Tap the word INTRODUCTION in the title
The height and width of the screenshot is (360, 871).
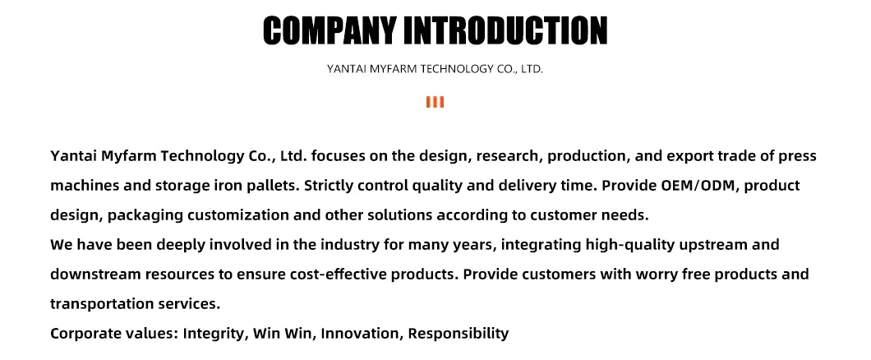click(x=505, y=30)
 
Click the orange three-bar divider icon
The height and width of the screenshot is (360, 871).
click(x=435, y=102)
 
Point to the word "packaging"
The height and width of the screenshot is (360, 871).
click(x=145, y=215)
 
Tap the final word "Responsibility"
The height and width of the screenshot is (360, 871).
click(x=459, y=334)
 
